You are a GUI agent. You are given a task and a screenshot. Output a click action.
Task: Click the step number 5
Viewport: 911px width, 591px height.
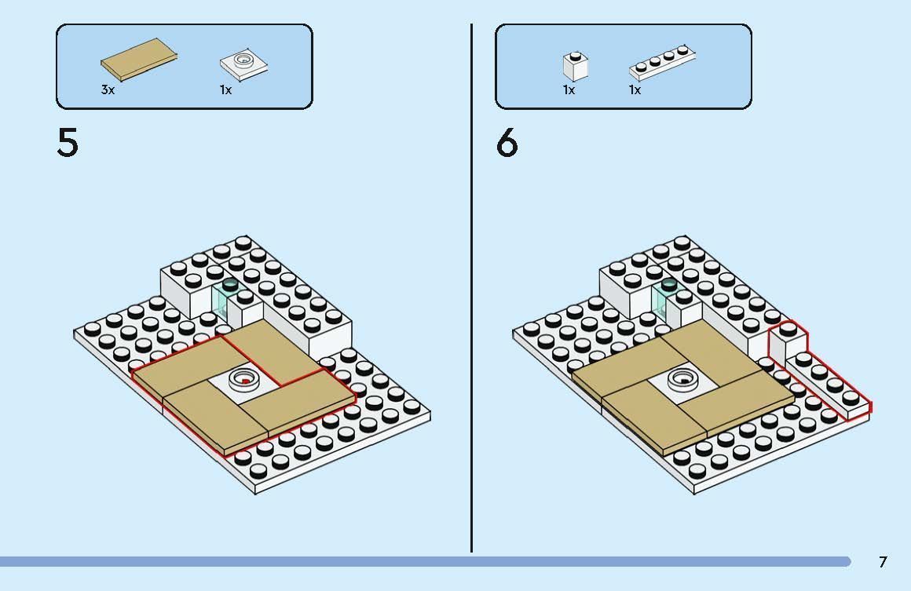click(68, 142)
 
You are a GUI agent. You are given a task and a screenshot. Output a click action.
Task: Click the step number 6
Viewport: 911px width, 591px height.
click(507, 142)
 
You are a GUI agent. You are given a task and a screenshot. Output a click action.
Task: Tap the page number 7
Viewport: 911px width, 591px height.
click(883, 561)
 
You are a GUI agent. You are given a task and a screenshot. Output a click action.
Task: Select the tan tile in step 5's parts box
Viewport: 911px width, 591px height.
click(139, 59)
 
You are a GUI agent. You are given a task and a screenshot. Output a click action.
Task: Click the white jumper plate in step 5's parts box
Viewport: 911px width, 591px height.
click(244, 64)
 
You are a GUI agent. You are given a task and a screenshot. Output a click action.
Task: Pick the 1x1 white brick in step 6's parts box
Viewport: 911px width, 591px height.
click(575, 66)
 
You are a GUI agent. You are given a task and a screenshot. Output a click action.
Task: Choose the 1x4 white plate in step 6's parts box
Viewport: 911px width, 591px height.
click(662, 62)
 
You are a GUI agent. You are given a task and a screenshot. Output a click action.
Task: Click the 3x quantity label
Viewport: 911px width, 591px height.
click(108, 89)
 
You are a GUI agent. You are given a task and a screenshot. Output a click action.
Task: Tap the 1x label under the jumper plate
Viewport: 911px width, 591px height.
click(225, 89)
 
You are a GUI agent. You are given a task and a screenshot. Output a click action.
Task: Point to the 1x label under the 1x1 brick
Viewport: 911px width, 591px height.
click(569, 89)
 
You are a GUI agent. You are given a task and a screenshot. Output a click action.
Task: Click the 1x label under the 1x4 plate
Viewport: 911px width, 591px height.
click(635, 89)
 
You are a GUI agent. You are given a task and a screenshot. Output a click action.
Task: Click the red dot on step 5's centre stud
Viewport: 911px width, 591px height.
click(246, 381)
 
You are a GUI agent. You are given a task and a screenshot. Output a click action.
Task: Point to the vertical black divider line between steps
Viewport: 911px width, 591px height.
click(471, 288)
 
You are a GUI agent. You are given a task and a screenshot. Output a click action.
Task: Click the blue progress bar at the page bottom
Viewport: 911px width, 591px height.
click(426, 561)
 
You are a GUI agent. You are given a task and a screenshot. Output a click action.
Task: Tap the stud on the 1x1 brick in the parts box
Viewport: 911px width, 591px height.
click(575, 56)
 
